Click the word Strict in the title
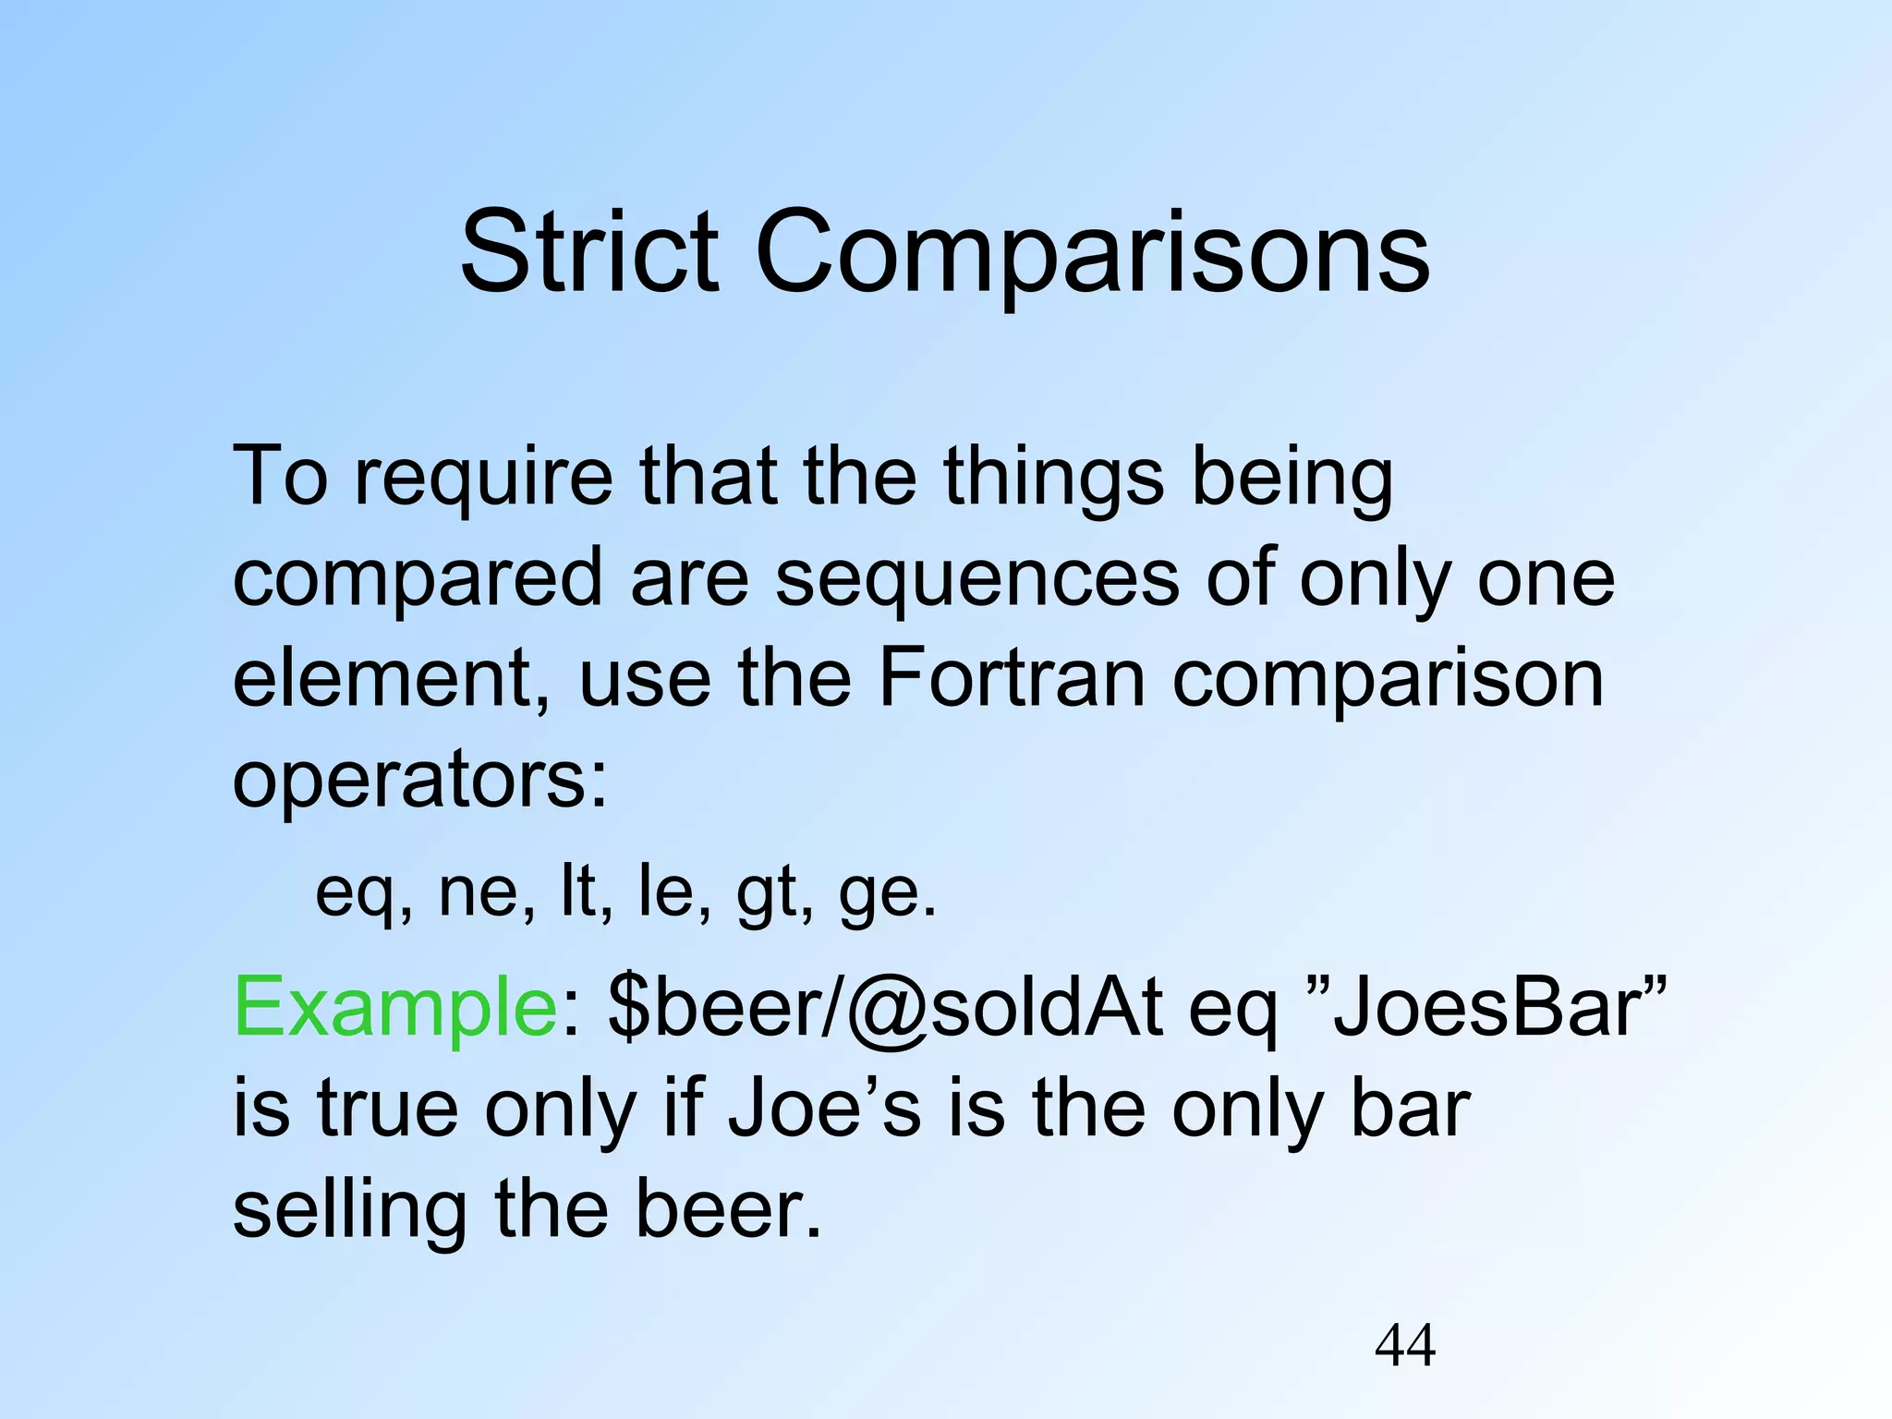pos(588,251)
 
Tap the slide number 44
pos(1405,1345)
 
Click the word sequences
pos(976,580)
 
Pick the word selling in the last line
pos(349,1210)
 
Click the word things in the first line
pos(1053,479)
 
